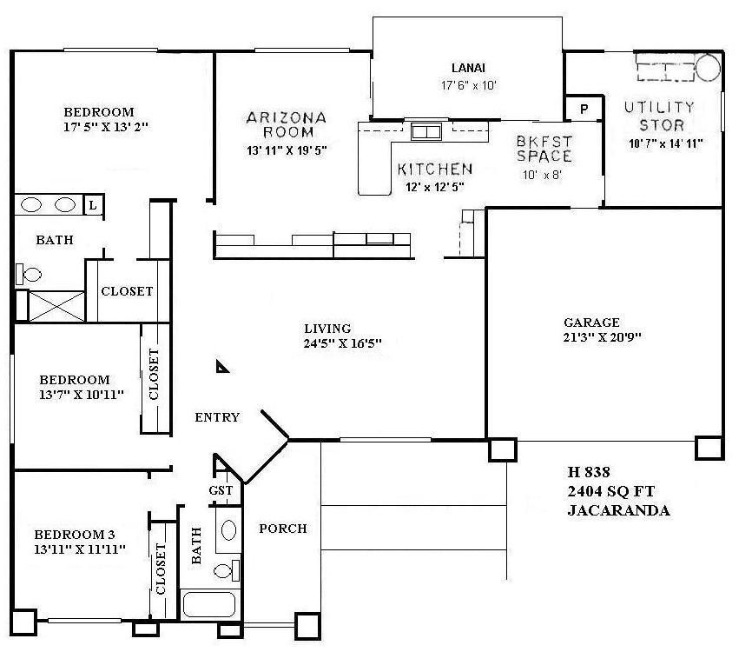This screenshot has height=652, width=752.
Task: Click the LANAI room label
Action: tap(467, 68)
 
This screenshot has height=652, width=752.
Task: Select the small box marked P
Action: tap(584, 109)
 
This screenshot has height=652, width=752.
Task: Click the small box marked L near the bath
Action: tap(92, 205)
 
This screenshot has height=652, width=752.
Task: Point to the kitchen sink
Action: tap(425, 132)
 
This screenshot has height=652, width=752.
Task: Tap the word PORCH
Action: tap(283, 529)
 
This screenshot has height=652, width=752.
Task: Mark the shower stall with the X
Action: tap(56, 306)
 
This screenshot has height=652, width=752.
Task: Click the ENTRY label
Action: tap(217, 418)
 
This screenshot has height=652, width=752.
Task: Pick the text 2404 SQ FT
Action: tap(610, 492)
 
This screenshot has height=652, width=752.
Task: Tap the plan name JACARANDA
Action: tap(618, 510)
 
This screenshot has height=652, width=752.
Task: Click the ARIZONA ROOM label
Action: tap(286, 125)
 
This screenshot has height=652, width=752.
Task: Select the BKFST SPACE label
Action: tap(544, 149)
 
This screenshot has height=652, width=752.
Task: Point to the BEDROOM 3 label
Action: tap(79, 535)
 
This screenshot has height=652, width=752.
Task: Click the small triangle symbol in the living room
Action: tap(223, 368)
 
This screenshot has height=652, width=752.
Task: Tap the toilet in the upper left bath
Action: tap(29, 275)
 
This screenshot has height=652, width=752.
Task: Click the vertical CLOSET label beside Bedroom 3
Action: tap(161, 569)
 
